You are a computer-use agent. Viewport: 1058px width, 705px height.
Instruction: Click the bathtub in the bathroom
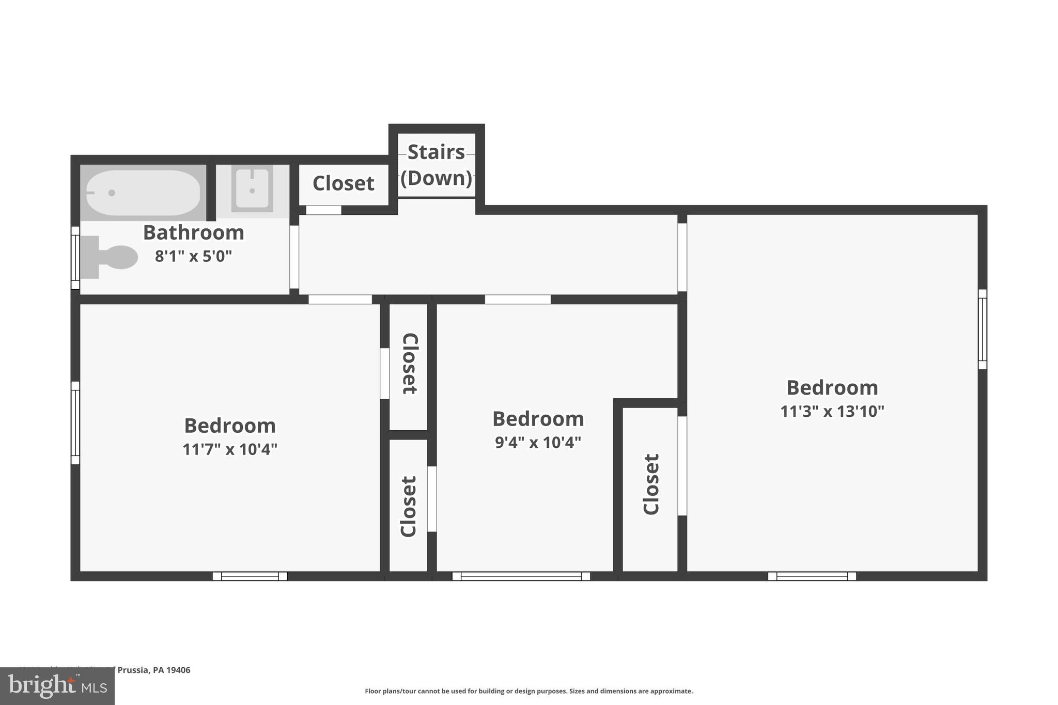[x=143, y=193]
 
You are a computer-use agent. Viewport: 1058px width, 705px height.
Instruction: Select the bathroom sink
[x=252, y=189]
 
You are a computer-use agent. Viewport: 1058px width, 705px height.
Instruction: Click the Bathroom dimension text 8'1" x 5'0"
[x=193, y=256]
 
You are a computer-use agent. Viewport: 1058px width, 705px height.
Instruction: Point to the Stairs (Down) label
[x=437, y=165]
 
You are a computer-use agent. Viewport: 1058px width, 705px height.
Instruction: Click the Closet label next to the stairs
[x=343, y=183]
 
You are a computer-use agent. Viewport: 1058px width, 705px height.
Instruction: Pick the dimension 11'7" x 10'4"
[x=230, y=449]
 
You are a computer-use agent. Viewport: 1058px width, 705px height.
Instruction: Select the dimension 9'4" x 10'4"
[x=538, y=443]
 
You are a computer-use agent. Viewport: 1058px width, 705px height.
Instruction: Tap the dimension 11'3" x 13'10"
[x=832, y=412]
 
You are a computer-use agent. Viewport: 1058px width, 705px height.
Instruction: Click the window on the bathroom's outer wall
[x=75, y=257]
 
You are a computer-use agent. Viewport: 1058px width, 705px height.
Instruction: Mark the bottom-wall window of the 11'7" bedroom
[x=250, y=576]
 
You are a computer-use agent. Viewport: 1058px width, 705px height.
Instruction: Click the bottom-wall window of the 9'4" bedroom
[x=521, y=576]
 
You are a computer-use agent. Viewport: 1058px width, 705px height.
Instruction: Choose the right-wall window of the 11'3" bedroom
[x=982, y=329]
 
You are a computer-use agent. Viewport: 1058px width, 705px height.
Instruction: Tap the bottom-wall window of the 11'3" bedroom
[x=812, y=576]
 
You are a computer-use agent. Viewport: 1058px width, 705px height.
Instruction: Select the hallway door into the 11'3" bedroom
[x=682, y=257]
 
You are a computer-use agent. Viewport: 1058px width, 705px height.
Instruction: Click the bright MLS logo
[x=57, y=686]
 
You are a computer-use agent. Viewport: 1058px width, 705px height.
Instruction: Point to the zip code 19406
[x=178, y=670]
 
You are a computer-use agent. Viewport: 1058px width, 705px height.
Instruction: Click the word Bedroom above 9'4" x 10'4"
[x=538, y=419]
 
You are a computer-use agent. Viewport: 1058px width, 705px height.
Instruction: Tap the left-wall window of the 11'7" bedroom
[x=75, y=422]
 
